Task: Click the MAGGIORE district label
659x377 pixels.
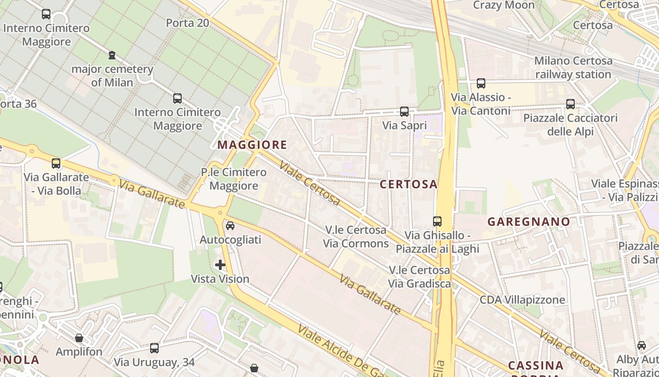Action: point(252,145)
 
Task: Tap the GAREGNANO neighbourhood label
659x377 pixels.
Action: point(529,221)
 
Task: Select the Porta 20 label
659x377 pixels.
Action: point(187,22)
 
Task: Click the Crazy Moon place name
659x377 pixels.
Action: point(504,5)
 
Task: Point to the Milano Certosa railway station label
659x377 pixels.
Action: point(573,67)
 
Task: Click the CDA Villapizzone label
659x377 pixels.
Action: point(522,300)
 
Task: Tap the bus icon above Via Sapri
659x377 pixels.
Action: point(404,112)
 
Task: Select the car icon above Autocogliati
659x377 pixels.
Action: point(230,226)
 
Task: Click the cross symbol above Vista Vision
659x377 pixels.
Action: point(220,265)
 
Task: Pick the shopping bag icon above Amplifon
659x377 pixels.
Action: point(79,338)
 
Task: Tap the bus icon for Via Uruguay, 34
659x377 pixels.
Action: point(154,348)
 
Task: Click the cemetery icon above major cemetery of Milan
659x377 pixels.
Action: point(112,55)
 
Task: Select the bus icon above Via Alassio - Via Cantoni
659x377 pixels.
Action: point(481,83)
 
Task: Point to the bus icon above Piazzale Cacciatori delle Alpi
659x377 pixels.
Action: point(571,104)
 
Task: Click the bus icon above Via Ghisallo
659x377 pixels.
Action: point(437,221)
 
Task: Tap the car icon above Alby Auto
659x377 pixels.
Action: point(642,345)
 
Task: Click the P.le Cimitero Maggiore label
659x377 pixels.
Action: point(234,179)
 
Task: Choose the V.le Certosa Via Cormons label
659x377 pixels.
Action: point(356,237)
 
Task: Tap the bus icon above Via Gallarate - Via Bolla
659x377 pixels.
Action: point(56,164)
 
